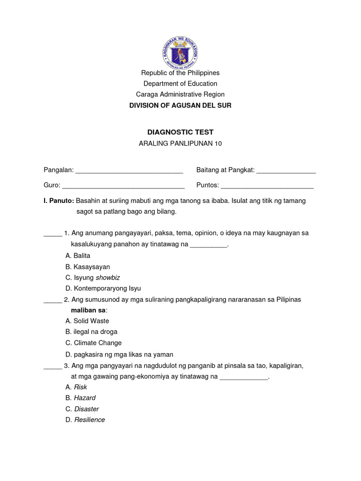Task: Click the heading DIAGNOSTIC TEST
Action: click(180, 132)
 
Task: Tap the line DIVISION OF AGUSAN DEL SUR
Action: click(180, 106)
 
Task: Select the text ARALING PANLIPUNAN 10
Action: click(180, 144)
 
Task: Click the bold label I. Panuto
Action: click(59, 201)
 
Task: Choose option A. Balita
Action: click(78, 256)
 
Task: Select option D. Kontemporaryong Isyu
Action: click(103, 288)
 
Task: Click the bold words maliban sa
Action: click(88, 310)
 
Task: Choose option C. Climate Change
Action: click(94, 343)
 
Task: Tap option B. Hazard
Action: click(81, 398)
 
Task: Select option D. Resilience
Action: click(86, 419)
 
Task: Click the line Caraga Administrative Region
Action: click(180, 94)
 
